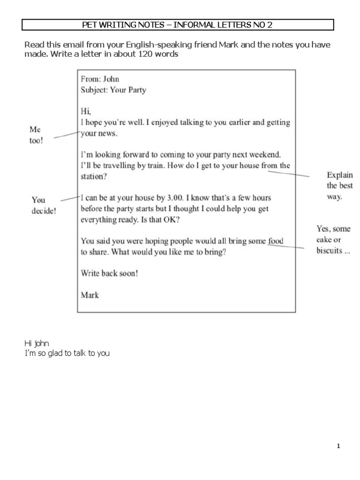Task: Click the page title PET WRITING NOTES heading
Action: click(177, 25)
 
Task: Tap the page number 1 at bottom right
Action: click(338, 446)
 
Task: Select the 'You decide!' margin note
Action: click(43, 205)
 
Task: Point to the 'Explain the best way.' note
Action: click(340, 186)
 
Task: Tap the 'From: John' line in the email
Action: click(100, 79)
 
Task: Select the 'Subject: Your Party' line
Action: click(113, 90)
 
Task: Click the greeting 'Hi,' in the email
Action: click(86, 112)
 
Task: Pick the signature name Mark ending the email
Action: click(90, 295)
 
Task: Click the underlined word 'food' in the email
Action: click(276, 241)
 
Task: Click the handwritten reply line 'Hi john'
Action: click(37, 344)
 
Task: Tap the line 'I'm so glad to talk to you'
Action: click(67, 353)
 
